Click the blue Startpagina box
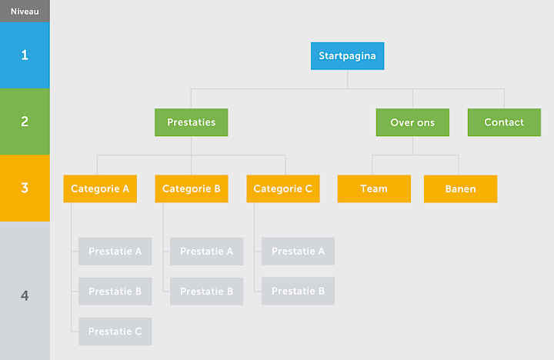click(x=347, y=56)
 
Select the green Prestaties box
click(x=191, y=122)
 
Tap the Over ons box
click(x=412, y=122)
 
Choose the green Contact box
click(x=504, y=122)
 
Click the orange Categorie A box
click(x=100, y=188)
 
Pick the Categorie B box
click(x=192, y=188)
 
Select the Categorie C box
click(x=283, y=188)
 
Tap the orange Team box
click(x=374, y=188)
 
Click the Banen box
click(x=460, y=188)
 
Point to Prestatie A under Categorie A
click(x=115, y=252)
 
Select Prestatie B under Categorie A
click(x=115, y=292)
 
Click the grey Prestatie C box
click(x=115, y=332)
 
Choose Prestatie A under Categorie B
click(x=207, y=252)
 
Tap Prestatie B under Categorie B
click(x=207, y=292)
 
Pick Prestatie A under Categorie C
click(x=299, y=252)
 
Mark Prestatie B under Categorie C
click(x=299, y=292)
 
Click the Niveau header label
click(x=25, y=12)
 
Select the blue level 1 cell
click(x=25, y=55)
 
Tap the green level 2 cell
click(x=25, y=122)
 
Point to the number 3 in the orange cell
click(x=25, y=188)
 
